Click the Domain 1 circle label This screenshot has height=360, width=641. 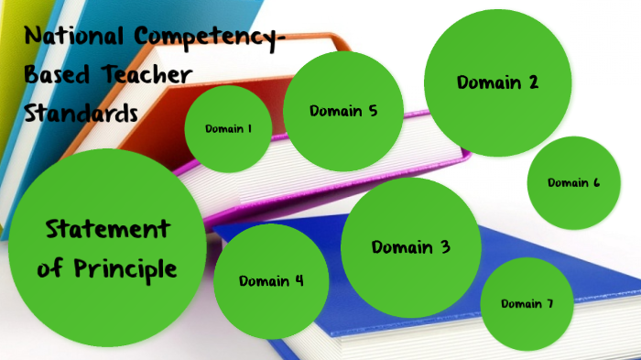pos(229,129)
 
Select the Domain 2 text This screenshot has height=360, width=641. pos(497,82)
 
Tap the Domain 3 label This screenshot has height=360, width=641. pos(411,247)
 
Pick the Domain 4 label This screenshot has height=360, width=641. pos(271,281)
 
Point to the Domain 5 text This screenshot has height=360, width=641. pos(343,112)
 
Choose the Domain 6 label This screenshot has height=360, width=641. pos(574,182)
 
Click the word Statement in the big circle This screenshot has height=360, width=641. pos(107,229)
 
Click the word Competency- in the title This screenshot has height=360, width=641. pos(212,37)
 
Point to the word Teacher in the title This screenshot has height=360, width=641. pos(152,75)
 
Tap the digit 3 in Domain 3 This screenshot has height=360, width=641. pos(445,247)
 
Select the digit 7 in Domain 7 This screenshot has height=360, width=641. pos(549,304)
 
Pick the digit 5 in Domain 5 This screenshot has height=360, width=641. pos(373,112)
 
